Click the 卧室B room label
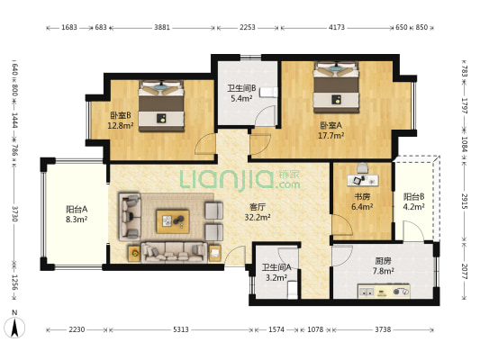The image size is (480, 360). [x=121, y=115]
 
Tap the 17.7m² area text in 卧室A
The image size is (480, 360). [x=331, y=136]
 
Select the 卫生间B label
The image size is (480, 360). [x=241, y=88]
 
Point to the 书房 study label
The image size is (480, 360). [x=362, y=197]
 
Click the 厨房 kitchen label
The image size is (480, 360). [x=383, y=261]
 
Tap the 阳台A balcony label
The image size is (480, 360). [x=77, y=209]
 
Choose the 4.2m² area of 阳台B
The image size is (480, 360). [x=413, y=207]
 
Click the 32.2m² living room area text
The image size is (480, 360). [x=258, y=218]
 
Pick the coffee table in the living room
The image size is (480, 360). [x=173, y=221]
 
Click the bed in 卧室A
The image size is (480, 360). [x=336, y=87]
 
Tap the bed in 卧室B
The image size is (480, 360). [x=161, y=106]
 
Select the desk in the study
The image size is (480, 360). [x=363, y=180]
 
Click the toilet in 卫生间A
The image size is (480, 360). [x=293, y=290]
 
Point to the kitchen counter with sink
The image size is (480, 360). [x=384, y=292]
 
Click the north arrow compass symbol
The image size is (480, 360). [x=14, y=328]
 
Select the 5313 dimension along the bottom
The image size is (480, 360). [x=181, y=329]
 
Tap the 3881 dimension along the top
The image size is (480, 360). [x=162, y=27]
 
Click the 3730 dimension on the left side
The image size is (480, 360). [x=14, y=214]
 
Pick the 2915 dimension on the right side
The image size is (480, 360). [x=465, y=201]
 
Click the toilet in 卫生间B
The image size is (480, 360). [x=268, y=92]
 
